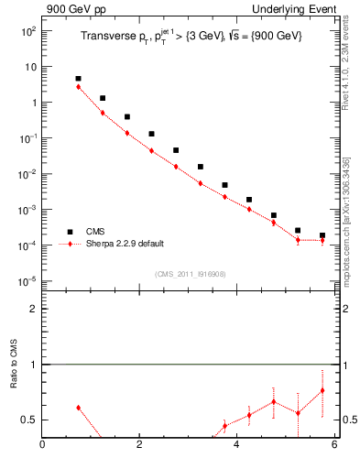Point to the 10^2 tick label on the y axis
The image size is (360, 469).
click(x=28, y=31)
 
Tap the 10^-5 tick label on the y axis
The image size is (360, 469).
click(x=28, y=281)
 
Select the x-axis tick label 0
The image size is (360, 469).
click(x=42, y=446)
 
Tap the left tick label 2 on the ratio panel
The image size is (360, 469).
click(x=33, y=309)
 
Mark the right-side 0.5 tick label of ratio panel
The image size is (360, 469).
click(x=349, y=420)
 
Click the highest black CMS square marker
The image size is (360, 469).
click(x=79, y=79)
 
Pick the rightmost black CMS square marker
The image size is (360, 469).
click(x=322, y=235)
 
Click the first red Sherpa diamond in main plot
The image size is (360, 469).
click(x=79, y=87)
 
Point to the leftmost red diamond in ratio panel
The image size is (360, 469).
click(x=79, y=408)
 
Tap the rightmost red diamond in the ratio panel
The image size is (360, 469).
click(x=322, y=391)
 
